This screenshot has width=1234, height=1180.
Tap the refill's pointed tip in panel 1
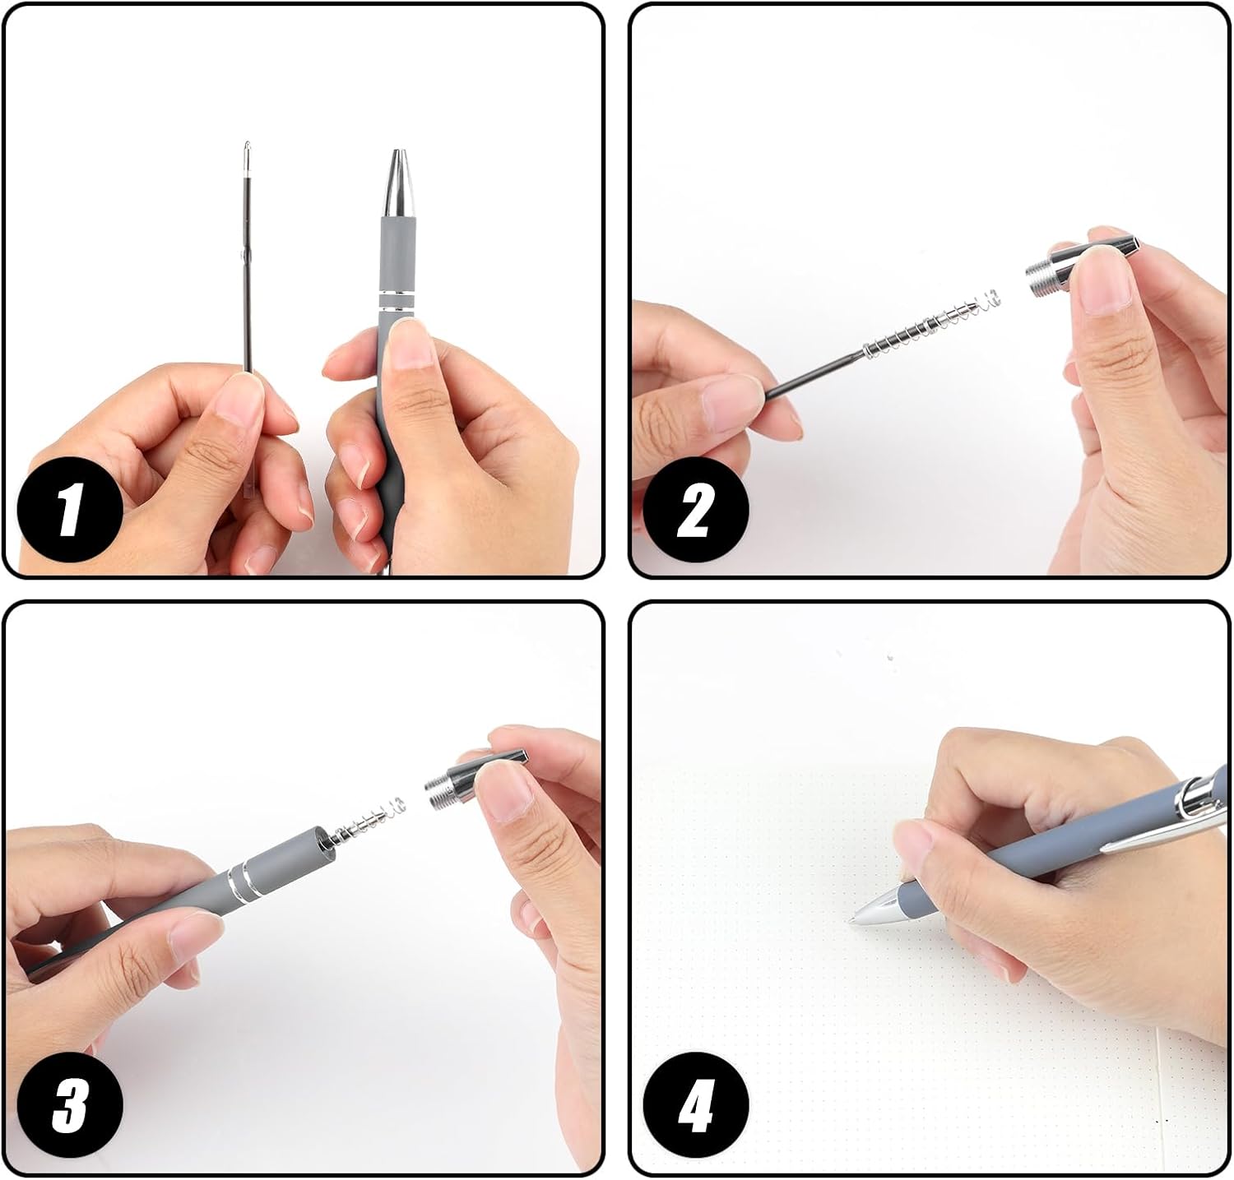point(246,151)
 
